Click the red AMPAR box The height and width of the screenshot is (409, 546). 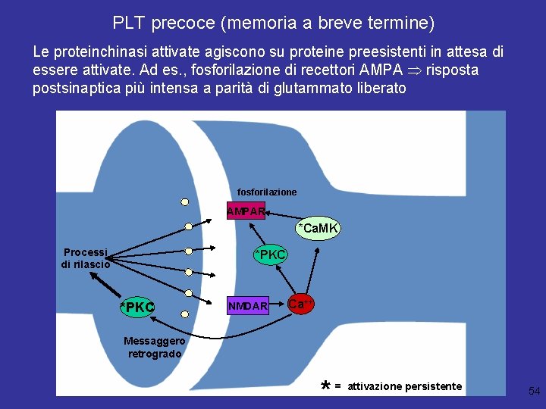point(246,211)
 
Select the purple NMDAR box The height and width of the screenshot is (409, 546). point(248,306)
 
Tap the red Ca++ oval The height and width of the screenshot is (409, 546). point(300,304)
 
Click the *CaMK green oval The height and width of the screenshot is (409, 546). point(318,228)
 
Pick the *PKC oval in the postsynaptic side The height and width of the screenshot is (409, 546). point(271,254)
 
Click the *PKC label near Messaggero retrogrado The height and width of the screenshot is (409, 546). point(137,307)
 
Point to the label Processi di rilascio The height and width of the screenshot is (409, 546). point(86,258)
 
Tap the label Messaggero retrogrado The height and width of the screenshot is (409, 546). point(155,348)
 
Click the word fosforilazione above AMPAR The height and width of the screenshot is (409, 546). point(267,192)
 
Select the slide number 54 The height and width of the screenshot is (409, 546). point(534,391)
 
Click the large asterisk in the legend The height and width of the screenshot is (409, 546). point(325,386)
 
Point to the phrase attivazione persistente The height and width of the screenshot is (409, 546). point(404,386)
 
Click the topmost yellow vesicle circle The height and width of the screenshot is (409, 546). point(184,202)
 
